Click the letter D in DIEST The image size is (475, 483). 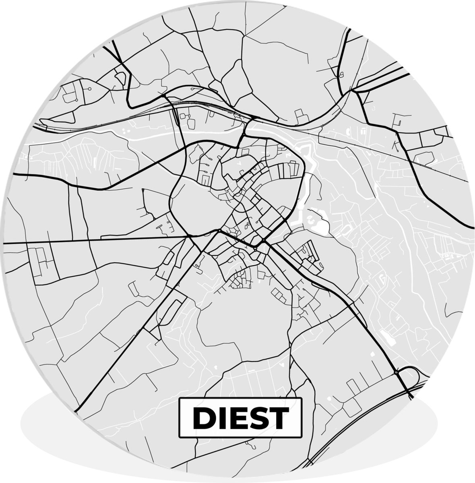[203, 418]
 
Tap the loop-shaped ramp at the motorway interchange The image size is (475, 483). [411, 376]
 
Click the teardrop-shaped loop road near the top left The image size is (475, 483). [120, 76]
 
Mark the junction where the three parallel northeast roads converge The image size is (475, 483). [354, 91]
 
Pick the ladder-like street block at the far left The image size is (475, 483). [40, 262]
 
